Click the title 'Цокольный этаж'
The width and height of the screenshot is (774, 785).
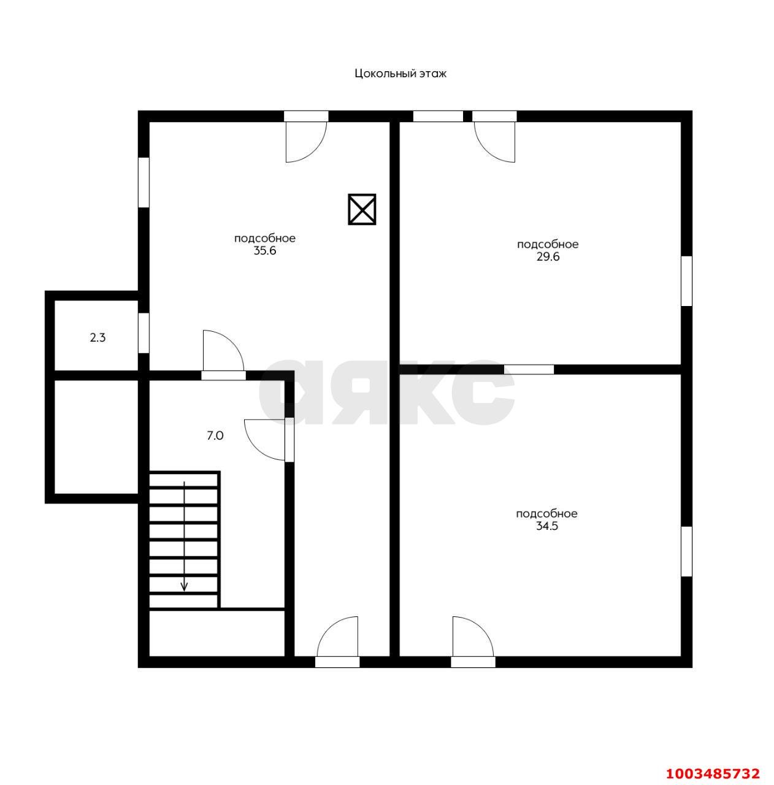400,74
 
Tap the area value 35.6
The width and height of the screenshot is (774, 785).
265,251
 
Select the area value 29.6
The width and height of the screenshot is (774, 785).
548,257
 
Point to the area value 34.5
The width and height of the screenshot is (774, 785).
546,526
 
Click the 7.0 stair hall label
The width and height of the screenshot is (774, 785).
215,436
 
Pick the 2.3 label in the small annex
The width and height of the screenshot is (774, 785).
98,338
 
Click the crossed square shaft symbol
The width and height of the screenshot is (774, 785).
362,209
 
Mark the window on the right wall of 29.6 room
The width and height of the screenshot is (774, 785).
687,281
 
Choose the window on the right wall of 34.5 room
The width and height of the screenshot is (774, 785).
687,551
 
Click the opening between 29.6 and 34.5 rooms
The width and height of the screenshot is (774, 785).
529,369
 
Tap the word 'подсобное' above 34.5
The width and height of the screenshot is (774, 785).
546,514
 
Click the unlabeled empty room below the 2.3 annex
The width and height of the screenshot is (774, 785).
96,437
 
